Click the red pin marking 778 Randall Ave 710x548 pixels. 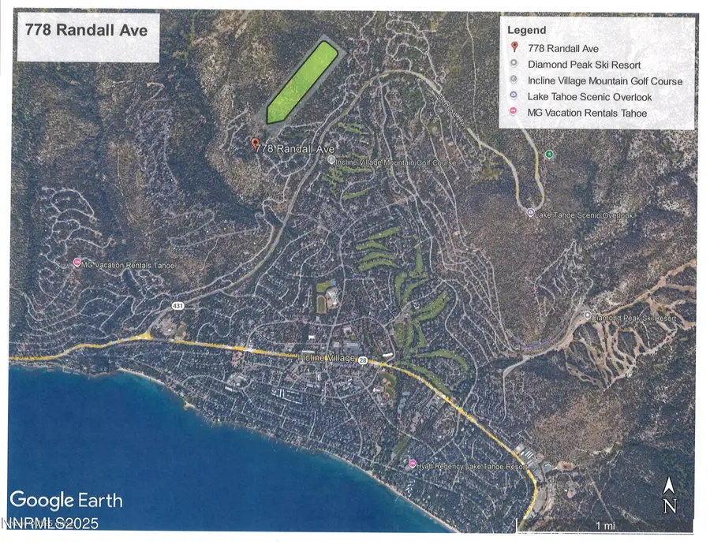(x=255, y=144)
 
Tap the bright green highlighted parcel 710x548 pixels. (x=301, y=82)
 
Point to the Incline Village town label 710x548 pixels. (x=327, y=357)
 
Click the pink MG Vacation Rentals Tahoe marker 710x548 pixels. (x=77, y=263)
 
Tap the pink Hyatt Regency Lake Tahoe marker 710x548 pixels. (x=413, y=464)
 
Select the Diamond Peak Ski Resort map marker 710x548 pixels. (x=587, y=315)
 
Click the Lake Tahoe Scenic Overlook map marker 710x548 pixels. (x=531, y=212)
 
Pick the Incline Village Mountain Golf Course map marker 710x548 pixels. (x=331, y=160)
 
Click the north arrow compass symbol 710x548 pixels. (x=669, y=496)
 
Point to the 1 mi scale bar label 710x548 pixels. (x=606, y=525)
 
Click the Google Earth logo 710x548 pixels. (x=66, y=500)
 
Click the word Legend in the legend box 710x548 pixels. (x=527, y=30)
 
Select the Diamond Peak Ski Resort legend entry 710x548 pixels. (x=585, y=65)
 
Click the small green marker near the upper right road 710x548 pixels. (x=550, y=154)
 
